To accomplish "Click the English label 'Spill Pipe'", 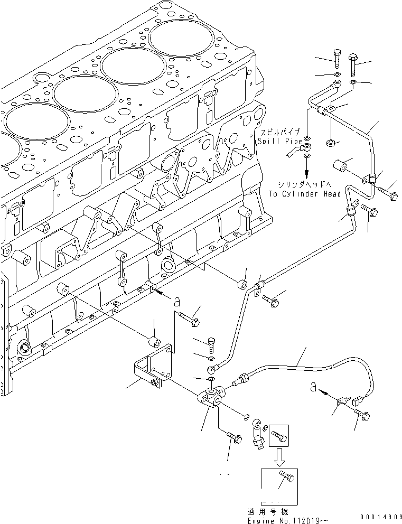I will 280,142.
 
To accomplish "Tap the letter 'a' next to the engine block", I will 176,301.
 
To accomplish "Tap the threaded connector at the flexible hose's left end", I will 243,378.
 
